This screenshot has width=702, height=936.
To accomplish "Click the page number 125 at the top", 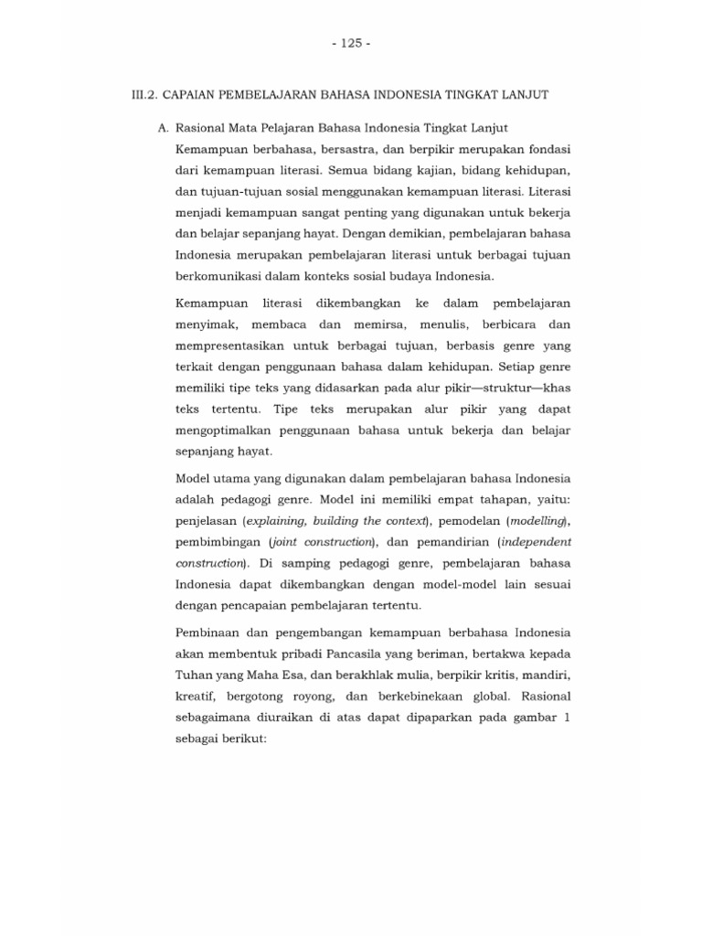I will pyautogui.click(x=351, y=43).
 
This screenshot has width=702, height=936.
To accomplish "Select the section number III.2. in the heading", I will pyautogui.click(x=146, y=95).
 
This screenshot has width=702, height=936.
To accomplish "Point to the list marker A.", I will pyautogui.click(x=163, y=128).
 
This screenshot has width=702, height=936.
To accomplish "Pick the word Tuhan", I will pyautogui.click(x=193, y=675).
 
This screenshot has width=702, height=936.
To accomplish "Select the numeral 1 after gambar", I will pyautogui.click(x=568, y=718).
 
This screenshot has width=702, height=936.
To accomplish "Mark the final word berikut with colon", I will pyautogui.click(x=240, y=740).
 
